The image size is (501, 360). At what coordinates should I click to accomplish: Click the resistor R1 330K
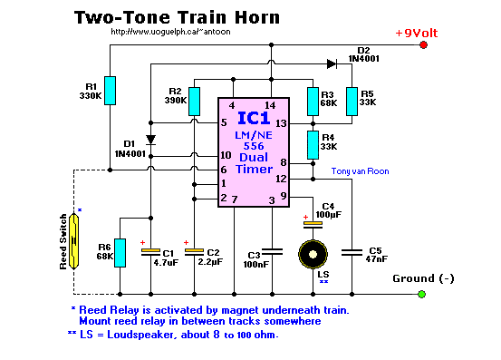[109, 91]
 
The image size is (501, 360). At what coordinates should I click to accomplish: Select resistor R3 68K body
[312, 102]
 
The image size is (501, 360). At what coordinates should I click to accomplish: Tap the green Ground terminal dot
[421, 294]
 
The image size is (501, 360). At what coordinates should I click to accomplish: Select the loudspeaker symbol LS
[312, 252]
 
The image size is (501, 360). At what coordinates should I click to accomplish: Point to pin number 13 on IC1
[281, 123]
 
